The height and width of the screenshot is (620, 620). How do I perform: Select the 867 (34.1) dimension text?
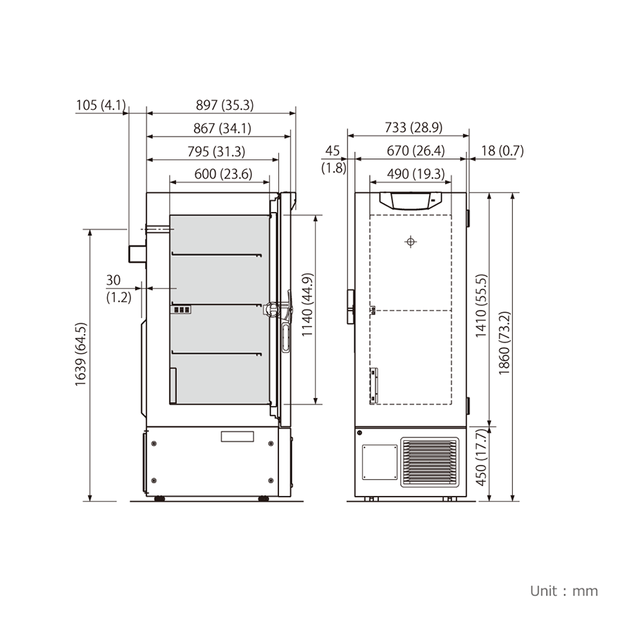[x=222, y=129]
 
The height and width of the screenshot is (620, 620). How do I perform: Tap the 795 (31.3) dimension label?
[x=216, y=151]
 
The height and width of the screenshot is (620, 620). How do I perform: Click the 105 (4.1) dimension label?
[x=100, y=106]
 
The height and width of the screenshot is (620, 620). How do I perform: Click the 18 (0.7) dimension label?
[x=502, y=151]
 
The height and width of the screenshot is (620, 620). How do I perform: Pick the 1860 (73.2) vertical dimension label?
[x=504, y=344]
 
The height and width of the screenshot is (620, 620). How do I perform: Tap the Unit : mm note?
[x=564, y=590]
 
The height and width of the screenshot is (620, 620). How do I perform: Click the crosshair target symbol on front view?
[x=411, y=242]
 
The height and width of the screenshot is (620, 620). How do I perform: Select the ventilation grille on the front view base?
[x=430, y=461]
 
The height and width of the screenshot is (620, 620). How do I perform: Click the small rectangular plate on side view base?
[x=237, y=436]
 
